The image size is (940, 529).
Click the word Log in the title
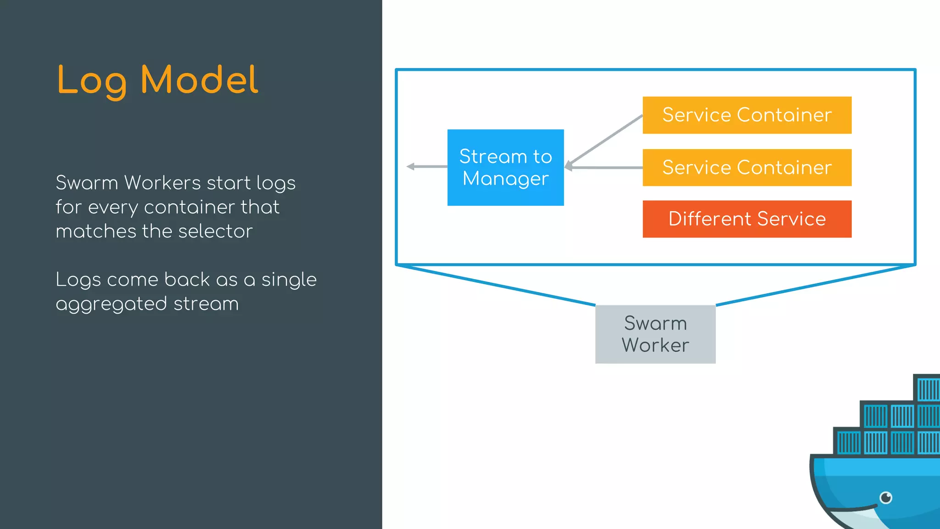click(92, 81)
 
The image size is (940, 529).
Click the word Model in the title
click(199, 80)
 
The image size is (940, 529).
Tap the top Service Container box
click(747, 115)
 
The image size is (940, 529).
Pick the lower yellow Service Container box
click(747, 167)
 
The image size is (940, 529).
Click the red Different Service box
click(747, 219)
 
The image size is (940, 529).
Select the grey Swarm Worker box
click(655, 334)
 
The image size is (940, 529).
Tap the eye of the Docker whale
click(886, 497)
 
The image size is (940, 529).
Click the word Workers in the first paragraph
click(162, 183)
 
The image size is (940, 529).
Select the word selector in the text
click(215, 231)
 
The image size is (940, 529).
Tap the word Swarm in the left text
click(87, 183)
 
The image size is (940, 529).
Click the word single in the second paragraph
click(289, 280)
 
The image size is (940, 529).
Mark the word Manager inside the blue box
click(505, 179)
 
